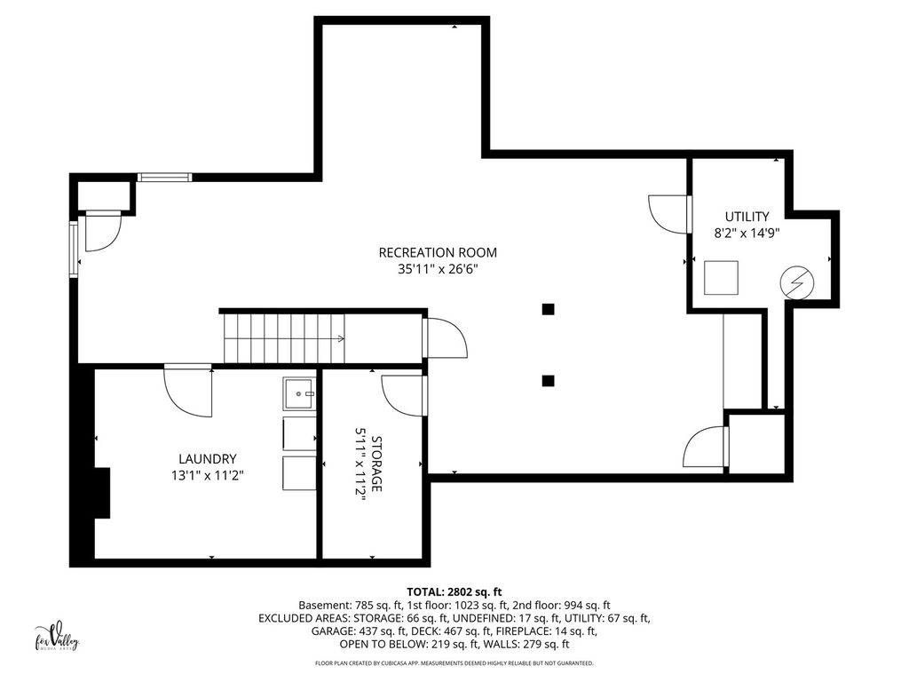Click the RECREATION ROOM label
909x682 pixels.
click(x=438, y=253)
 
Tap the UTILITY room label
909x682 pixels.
click(x=747, y=217)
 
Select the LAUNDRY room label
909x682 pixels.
click(x=207, y=459)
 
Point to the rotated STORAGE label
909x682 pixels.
click(x=376, y=464)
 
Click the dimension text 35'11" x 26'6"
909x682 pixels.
click(x=438, y=269)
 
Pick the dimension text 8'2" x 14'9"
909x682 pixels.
click(x=747, y=234)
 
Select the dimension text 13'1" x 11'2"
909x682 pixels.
click(x=207, y=476)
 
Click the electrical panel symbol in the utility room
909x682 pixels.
click(x=797, y=283)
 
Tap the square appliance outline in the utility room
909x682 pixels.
click(x=721, y=278)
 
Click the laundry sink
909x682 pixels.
click(x=300, y=393)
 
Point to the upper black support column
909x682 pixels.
click(x=548, y=309)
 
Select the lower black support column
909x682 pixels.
click(x=548, y=381)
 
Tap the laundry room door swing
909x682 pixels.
click(x=188, y=390)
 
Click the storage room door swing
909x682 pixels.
click(x=404, y=395)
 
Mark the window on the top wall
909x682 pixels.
click(x=164, y=177)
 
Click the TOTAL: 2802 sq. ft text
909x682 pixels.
click(x=454, y=592)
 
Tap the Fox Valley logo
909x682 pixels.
click(x=56, y=639)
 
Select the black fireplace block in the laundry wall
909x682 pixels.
click(x=102, y=492)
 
